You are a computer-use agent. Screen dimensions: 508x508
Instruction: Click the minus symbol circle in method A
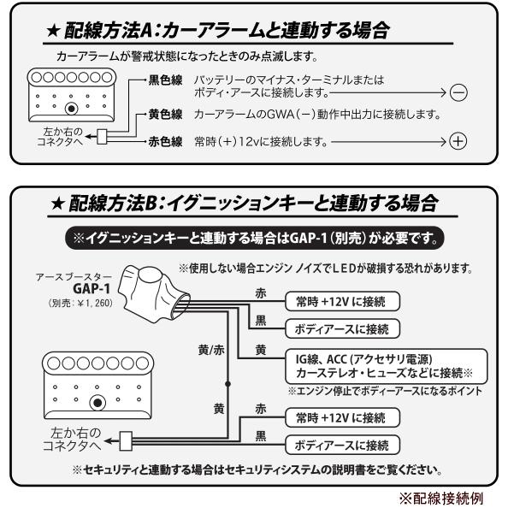pyautogui.click(x=458, y=92)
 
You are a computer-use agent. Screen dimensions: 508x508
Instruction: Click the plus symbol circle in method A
pyautogui.click(x=458, y=142)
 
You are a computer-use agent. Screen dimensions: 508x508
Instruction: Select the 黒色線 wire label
pyautogui.click(x=166, y=80)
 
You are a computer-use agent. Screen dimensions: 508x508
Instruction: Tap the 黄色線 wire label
pyautogui.click(x=166, y=115)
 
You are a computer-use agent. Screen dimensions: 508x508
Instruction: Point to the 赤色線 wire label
pyautogui.click(x=166, y=142)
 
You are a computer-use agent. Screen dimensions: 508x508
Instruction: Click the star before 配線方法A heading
pyautogui.click(x=52, y=32)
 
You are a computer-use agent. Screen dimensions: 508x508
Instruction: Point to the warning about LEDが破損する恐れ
pyautogui.click(x=325, y=268)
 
